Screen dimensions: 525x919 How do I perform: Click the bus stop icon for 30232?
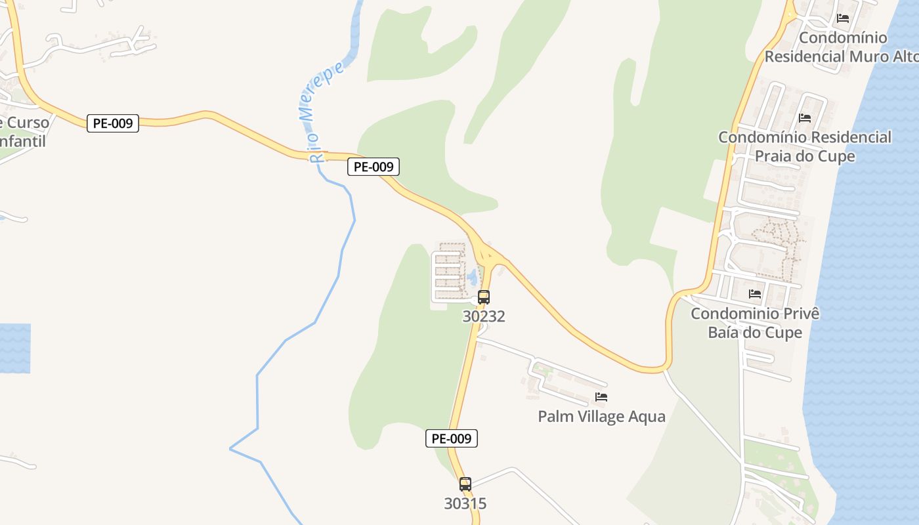pyautogui.click(x=484, y=297)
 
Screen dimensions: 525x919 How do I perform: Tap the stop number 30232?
pyautogui.click(x=484, y=316)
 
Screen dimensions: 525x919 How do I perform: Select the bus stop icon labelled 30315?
pyautogui.click(x=465, y=484)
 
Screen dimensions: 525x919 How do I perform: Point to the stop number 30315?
pyautogui.click(x=465, y=504)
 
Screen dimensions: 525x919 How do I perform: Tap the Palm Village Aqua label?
pyautogui.click(x=601, y=417)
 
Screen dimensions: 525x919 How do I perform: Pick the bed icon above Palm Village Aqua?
pyautogui.click(x=601, y=397)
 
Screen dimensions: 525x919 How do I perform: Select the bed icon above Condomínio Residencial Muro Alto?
pyautogui.click(x=844, y=18)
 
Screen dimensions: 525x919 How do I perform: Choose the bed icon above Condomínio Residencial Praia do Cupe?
pyautogui.click(x=805, y=118)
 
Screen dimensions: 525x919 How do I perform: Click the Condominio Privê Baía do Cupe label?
pyautogui.click(x=755, y=323)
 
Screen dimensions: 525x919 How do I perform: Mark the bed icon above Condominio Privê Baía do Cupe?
pyautogui.click(x=755, y=293)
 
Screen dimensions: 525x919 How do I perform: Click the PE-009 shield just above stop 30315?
pyautogui.click(x=452, y=438)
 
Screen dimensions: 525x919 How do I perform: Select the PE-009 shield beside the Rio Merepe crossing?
pyautogui.click(x=374, y=167)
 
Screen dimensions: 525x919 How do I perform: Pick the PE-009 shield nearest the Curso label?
pyautogui.click(x=113, y=123)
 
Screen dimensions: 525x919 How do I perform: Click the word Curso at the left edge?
pyautogui.click(x=28, y=123)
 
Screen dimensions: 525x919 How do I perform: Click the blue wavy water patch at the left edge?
pyautogui.click(x=14, y=348)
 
